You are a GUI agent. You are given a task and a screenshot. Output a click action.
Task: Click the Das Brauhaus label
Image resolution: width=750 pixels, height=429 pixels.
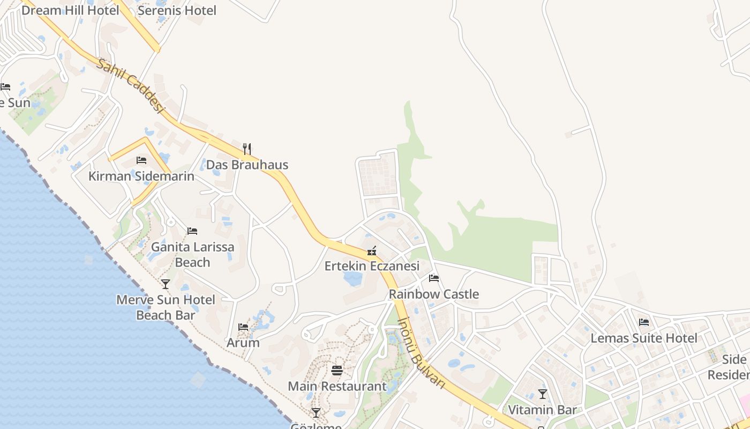[x=247, y=165]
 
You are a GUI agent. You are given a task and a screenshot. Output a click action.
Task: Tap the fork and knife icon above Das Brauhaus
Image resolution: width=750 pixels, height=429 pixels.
[x=247, y=149]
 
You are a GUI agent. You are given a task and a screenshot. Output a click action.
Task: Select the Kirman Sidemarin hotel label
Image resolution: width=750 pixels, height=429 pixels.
[x=141, y=176]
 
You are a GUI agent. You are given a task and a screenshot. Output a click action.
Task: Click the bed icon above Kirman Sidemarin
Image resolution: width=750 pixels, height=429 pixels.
[x=141, y=160]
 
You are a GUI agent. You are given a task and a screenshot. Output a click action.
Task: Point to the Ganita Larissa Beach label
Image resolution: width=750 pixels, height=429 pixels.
[x=192, y=255]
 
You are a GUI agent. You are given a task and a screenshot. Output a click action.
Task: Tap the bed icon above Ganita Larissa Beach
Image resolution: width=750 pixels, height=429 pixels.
[x=192, y=231]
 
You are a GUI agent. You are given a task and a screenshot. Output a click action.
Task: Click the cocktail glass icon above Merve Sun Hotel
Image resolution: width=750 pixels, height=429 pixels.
[x=166, y=284]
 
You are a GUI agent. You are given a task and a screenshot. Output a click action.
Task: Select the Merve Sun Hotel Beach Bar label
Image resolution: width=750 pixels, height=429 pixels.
[x=166, y=307]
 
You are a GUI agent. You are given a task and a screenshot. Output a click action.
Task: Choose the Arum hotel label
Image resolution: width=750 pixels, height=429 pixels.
[x=243, y=342]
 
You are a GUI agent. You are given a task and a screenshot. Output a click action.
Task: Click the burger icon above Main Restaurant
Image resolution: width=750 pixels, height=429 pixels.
[x=337, y=370]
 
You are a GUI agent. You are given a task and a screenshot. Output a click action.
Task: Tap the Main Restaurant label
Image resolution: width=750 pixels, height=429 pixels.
[x=337, y=386]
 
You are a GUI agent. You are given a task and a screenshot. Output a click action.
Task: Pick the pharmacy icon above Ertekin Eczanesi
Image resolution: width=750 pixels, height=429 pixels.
[x=372, y=250]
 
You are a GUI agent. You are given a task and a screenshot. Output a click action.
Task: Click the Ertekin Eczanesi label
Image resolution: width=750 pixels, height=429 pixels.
[x=372, y=266]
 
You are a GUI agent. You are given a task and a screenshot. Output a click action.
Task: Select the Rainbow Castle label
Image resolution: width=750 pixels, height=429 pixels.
[x=434, y=294]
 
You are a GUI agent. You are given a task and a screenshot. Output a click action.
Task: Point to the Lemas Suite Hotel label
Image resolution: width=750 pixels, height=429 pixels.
[x=644, y=338]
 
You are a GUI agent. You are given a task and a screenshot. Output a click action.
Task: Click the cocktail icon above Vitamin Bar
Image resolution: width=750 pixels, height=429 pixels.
[x=543, y=394]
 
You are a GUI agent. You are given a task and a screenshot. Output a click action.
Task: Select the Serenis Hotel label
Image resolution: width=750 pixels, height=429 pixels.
[x=177, y=10]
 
